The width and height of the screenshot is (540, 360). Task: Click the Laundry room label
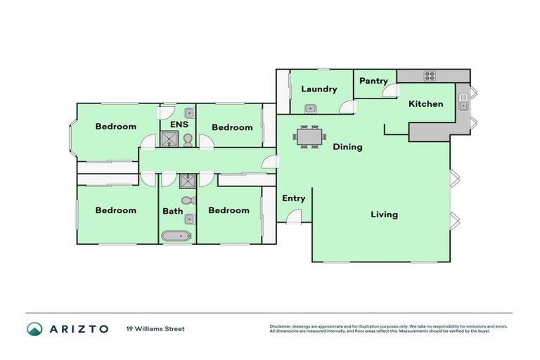(319, 89)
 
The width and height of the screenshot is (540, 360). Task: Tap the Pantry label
(373, 81)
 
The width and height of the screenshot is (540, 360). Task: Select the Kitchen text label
(425, 104)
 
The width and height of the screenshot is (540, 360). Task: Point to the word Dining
(347, 147)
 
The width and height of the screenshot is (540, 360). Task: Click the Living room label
(384, 214)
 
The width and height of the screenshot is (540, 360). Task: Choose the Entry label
(293, 198)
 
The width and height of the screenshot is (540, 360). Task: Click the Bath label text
(172, 211)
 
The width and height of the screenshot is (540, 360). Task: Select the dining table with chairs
(309, 136)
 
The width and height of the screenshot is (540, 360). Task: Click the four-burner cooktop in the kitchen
(429, 76)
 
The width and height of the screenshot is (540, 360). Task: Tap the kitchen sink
(463, 105)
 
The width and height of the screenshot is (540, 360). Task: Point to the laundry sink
(310, 108)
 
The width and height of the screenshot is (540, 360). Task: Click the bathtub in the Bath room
(177, 236)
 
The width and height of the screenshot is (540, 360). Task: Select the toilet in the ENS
(188, 140)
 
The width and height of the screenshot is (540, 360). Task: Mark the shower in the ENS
(169, 139)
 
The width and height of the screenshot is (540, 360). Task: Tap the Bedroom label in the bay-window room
(115, 127)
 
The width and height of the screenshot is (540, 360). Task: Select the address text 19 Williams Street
(155, 329)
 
